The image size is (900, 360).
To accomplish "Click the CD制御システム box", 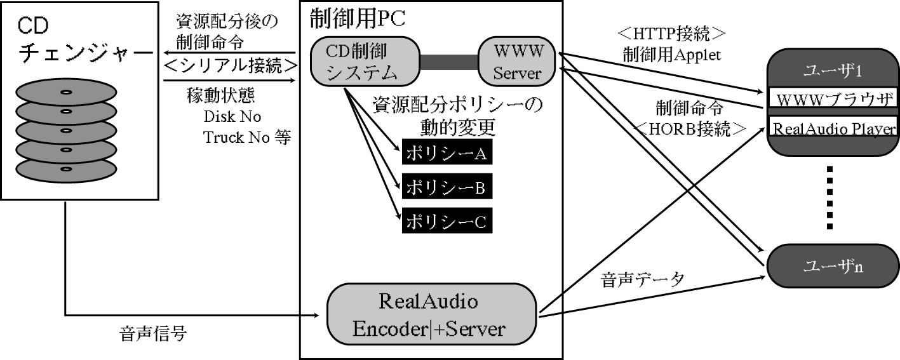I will [x=364, y=62].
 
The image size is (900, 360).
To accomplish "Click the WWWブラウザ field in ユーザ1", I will [x=833, y=100].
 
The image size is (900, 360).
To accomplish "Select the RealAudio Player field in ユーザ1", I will [x=833, y=128].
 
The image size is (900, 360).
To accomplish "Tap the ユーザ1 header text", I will [x=833, y=72].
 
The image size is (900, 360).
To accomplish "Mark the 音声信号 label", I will [x=152, y=335].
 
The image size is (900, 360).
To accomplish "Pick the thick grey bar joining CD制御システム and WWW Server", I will [x=448, y=62].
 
